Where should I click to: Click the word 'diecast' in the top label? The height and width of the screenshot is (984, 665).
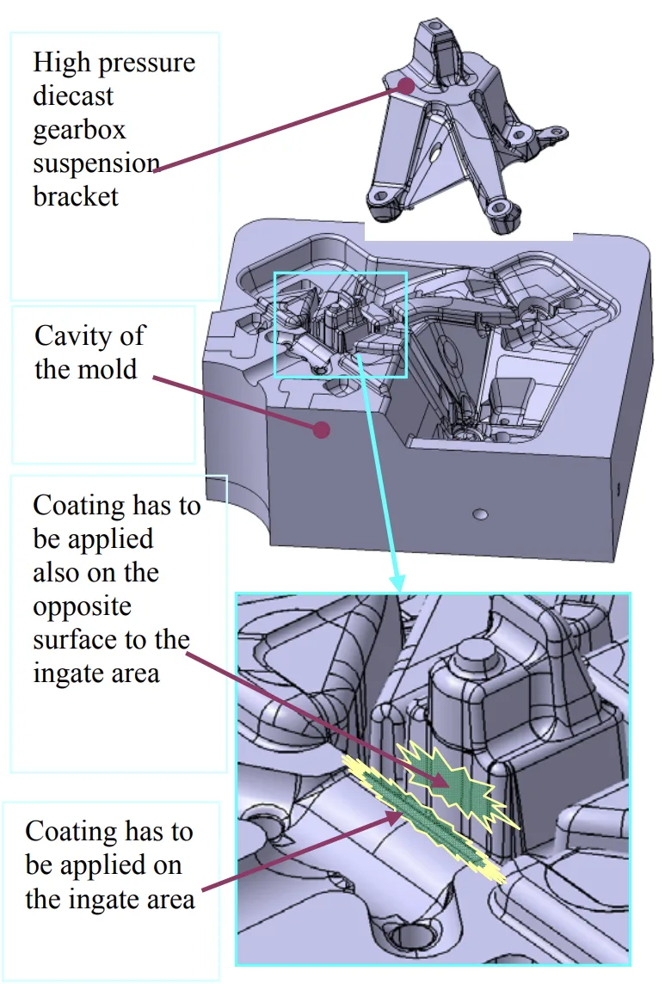point(73,95)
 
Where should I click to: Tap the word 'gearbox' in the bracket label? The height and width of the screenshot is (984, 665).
point(79,129)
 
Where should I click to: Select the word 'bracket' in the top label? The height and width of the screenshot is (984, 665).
point(76,196)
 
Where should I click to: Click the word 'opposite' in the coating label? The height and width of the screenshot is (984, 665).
point(83,606)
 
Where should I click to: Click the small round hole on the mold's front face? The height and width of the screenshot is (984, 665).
point(480,514)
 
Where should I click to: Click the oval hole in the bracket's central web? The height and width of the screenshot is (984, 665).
point(435,155)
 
